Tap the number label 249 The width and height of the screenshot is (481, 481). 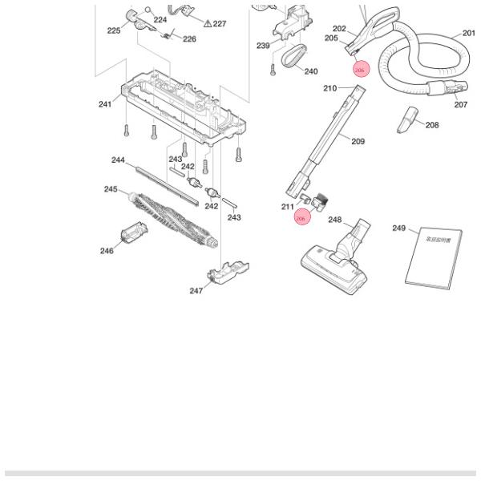pos(399,228)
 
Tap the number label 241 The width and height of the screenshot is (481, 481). pos(105,104)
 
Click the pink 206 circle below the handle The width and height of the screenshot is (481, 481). pos(361,70)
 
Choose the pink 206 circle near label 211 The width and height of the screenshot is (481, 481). pos(301,217)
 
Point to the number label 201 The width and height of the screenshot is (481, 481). pos(469,34)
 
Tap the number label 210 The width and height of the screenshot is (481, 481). pos(329,88)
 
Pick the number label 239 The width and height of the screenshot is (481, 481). pos(263,46)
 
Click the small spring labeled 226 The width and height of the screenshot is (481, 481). pos(169,34)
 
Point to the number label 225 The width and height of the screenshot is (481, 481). pos(113,30)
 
